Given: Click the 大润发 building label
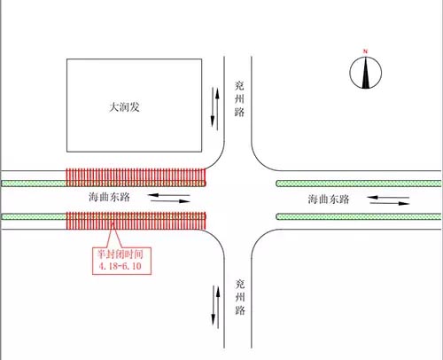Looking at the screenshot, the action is pos(124,107).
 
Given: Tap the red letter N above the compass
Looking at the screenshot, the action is pos(365,51).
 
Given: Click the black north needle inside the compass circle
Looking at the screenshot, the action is pos(366,73).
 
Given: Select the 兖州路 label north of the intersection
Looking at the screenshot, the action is pos(239,98).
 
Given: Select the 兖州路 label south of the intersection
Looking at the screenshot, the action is pos(240,297).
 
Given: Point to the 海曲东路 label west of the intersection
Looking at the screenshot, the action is pos(109,197).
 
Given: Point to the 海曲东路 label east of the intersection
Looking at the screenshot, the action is pos(329,200).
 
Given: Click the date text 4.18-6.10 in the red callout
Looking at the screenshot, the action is pos(120,266).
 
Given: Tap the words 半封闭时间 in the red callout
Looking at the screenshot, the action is pos(120,254).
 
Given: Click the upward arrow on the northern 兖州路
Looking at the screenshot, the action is pos(217,109).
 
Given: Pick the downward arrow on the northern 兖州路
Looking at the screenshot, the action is pos(213,106).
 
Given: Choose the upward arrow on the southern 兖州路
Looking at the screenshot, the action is pos(218,308).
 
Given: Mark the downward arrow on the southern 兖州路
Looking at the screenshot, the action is pos(214,306).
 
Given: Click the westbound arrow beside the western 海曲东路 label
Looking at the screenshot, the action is pos(168,195).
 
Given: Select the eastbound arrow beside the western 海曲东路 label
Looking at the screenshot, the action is pos(170,201).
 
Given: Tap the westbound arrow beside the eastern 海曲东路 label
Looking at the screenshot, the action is pos(388,197).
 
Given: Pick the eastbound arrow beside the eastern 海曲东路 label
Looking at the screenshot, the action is pos(390,203).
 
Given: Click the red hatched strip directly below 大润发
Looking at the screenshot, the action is pos(136,177).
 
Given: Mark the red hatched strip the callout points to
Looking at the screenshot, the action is pos(136,221).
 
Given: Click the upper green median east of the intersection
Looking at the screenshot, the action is pos(359,184).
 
